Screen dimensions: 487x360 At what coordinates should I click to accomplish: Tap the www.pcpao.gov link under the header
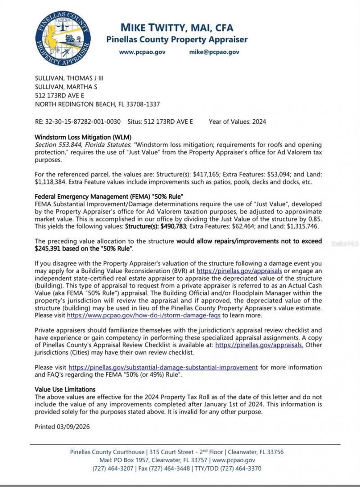coord(142,52)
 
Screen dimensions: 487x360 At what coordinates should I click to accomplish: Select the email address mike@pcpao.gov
coord(214,52)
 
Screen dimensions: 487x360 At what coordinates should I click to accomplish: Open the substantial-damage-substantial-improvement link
coord(163,367)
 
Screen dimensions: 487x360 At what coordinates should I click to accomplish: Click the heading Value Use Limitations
coord(65,389)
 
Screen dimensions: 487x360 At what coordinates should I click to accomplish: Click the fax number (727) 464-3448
coord(167,469)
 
